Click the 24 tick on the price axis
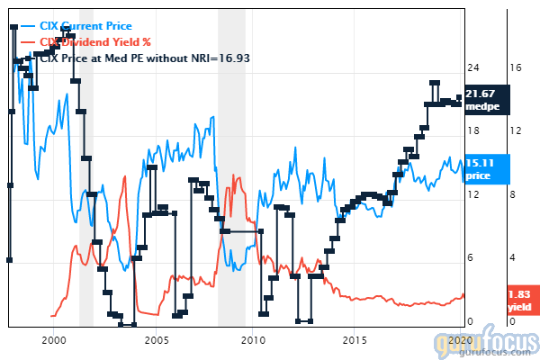(x=472, y=67)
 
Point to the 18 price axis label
(x=472, y=131)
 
